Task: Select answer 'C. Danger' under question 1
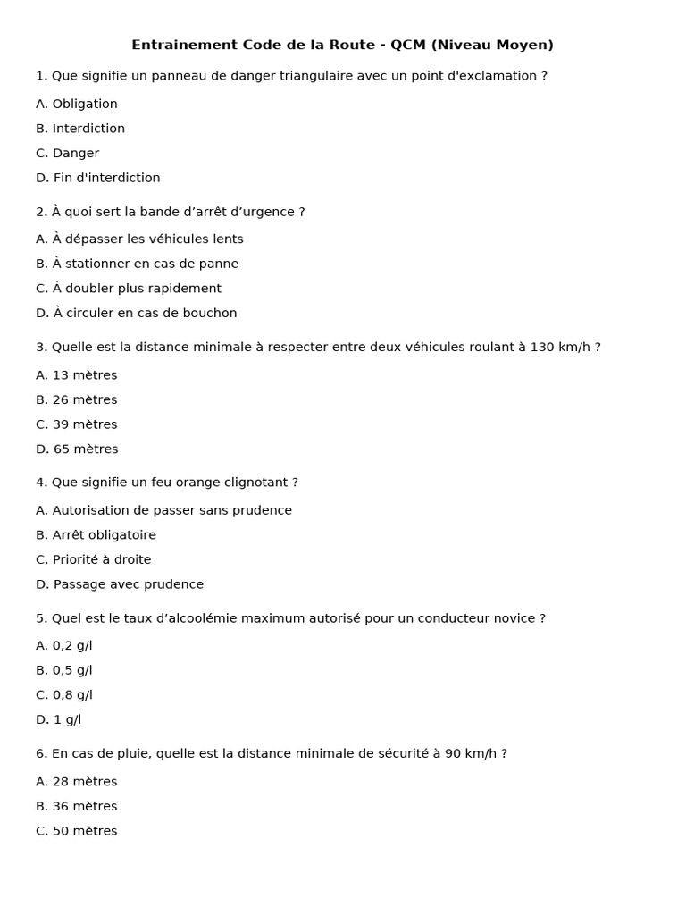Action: click(x=68, y=154)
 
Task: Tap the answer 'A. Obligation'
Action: click(x=77, y=105)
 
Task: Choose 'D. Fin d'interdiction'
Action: click(x=98, y=179)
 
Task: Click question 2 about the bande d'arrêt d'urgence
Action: click(x=171, y=213)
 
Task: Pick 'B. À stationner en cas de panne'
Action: click(x=138, y=264)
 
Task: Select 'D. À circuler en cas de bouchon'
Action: click(x=137, y=314)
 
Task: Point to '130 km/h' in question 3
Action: click(x=560, y=348)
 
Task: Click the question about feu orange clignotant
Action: click(x=167, y=483)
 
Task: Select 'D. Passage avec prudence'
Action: click(x=120, y=585)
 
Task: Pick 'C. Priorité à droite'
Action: click(x=94, y=560)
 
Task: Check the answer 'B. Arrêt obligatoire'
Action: click(x=96, y=536)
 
